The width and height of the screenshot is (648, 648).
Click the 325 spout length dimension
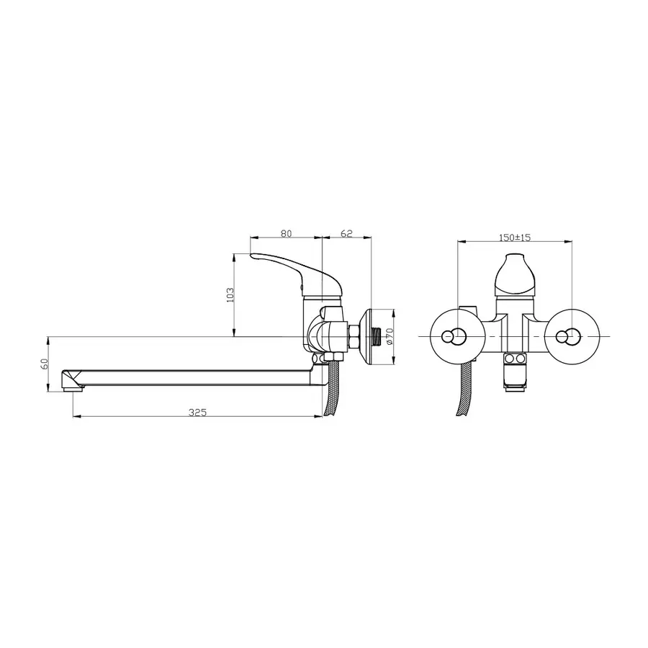(x=198, y=412)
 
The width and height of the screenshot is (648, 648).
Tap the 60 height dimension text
(x=43, y=364)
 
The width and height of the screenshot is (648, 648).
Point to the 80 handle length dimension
(x=286, y=233)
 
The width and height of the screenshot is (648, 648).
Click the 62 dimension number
(x=346, y=233)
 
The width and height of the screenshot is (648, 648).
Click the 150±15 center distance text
(x=514, y=237)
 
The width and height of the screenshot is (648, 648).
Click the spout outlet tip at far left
(x=70, y=379)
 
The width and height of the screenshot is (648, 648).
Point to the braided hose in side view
(x=332, y=392)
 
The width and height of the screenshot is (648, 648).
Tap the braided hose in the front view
(x=461, y=392)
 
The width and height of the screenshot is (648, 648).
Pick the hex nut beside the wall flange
(x=354, y=336)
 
